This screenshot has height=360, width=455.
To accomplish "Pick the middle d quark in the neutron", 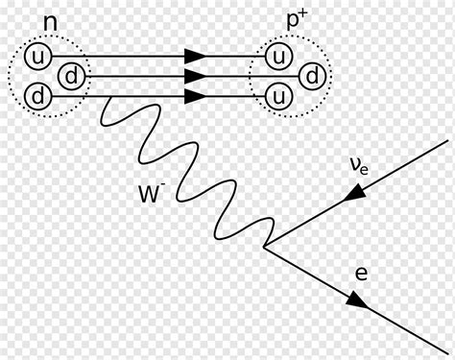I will click(x=71, y=75).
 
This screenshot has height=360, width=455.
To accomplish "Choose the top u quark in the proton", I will click(x=277, y=56).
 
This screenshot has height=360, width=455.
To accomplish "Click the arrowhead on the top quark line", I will click(x=195, y=56).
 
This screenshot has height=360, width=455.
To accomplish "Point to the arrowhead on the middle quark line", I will click(x=195, y=75).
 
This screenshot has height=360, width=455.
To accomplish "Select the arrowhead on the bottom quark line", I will click(x=195, y=95).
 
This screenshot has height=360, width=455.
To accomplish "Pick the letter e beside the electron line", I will click(x=360, y=274).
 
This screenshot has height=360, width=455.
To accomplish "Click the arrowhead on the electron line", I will click(x=355, y=301).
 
